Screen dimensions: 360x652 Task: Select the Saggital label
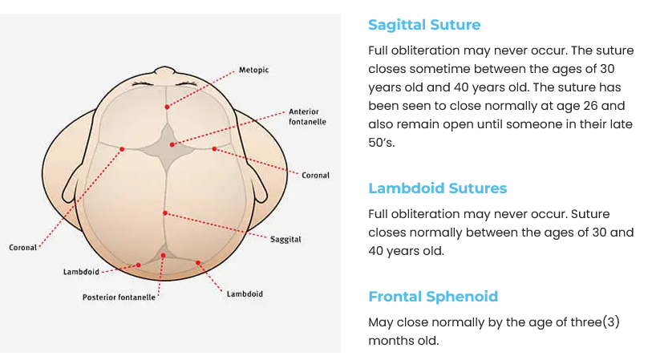[x=286, y=240]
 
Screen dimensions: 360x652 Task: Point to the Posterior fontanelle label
[x=119, y=297]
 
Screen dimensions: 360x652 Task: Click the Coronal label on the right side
[x=315, y=175]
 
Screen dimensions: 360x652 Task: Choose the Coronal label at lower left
[x=23, y=248]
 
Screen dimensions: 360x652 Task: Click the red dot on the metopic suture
[x=167, y=107]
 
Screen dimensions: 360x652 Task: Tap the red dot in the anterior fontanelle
[x=172, y=144]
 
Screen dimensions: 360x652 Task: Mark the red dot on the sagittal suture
[x=164, y=212]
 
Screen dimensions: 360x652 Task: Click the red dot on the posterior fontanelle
[x=163, y=256]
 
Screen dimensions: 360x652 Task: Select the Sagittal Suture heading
[x=424, y=25]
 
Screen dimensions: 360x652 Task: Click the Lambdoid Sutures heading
[x=437, y=188]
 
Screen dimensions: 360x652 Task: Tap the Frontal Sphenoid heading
[x=433, y=297]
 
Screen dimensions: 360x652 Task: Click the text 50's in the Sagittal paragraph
[x=382, y=143]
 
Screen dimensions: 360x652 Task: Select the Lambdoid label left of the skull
[x=81, y=272]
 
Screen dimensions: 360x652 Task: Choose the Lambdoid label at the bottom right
[x=245, y=293]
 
